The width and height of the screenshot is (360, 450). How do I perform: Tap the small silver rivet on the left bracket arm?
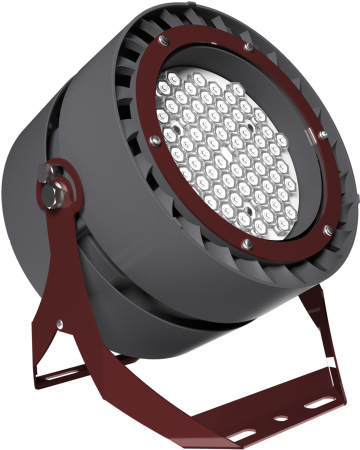click(61, 323)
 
